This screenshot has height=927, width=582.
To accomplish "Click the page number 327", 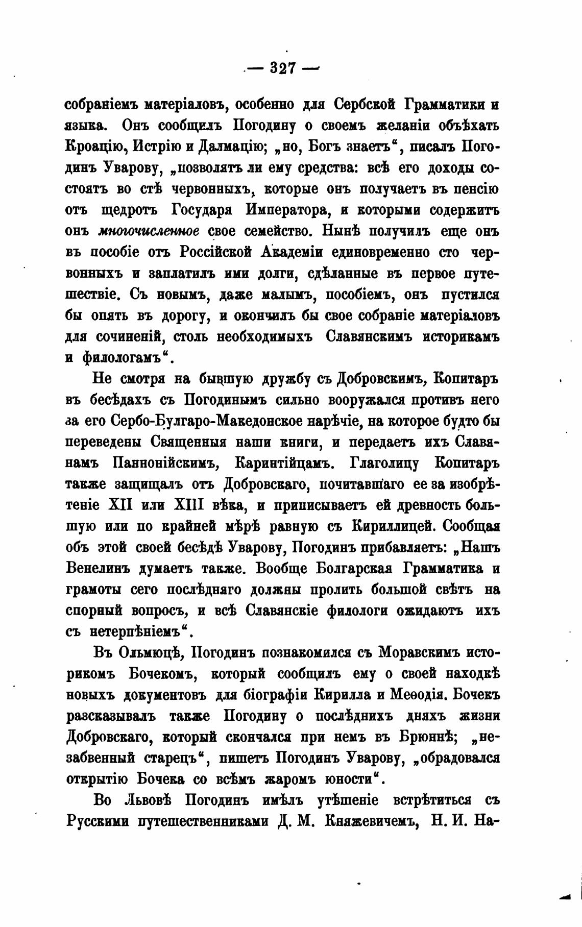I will (283, 68).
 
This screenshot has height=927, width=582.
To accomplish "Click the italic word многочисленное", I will (148, 231).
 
